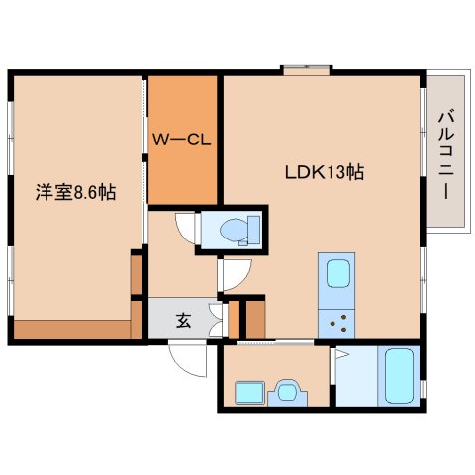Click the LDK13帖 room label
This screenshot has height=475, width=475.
point(324,171)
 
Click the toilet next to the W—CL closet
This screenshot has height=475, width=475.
point(234,230)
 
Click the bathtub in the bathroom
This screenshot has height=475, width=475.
point(400,376)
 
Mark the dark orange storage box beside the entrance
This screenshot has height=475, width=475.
point(254,320)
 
